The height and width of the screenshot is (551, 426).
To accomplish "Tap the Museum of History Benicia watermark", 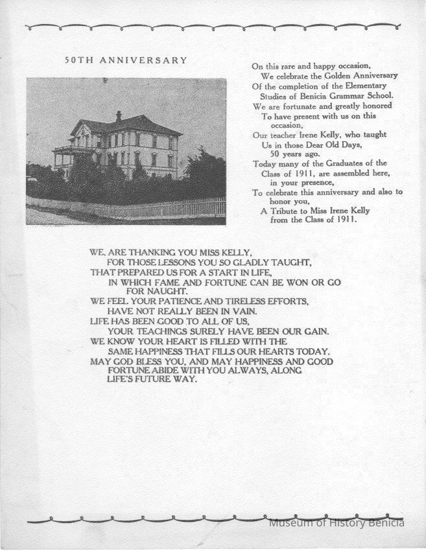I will [x=337, y=522].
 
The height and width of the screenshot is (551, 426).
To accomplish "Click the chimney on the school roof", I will [x=119, y=117].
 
